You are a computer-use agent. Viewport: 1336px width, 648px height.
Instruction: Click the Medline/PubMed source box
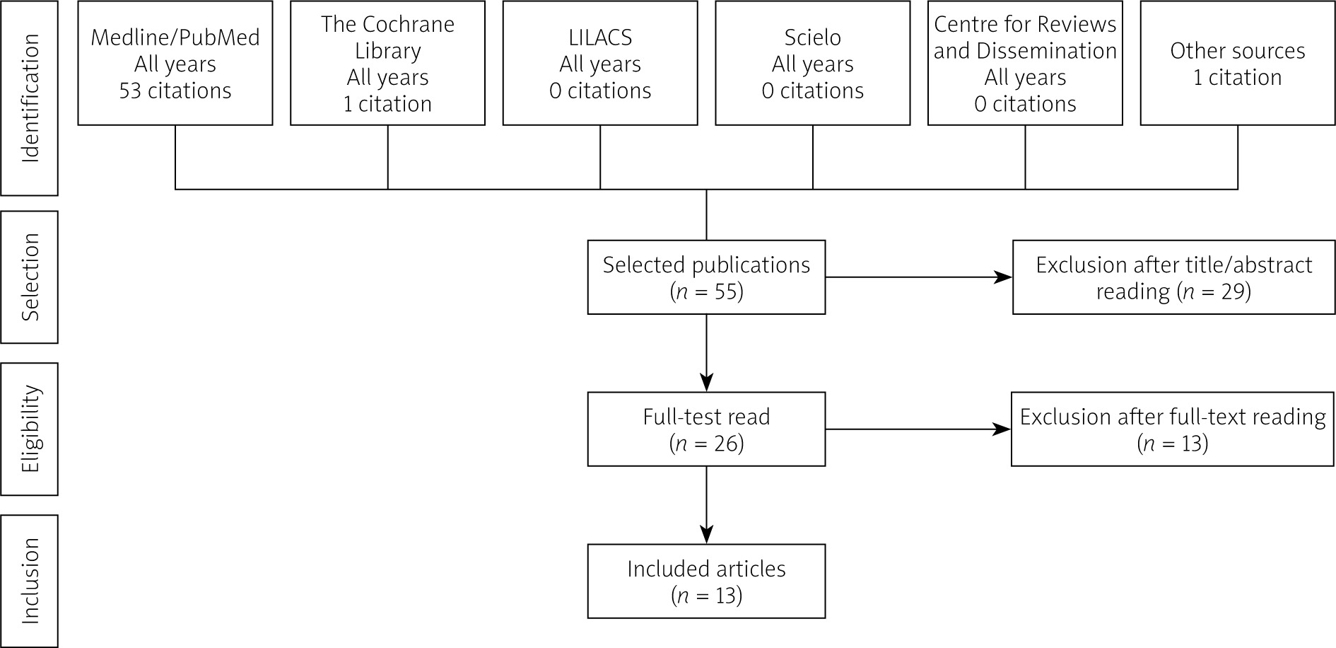pyautogui.click(x=175, y=63)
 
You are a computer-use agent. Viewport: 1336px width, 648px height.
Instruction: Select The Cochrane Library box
pyautogui.click(x=387, y=63)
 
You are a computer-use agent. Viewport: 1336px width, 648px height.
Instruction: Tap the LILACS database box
pyautogui.click(x=600, y=63)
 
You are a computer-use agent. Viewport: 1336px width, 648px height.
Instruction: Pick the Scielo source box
pyautogui.click(x=813, y=63)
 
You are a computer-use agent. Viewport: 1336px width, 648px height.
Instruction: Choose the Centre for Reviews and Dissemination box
pyautogui.click(x=1025, y=63)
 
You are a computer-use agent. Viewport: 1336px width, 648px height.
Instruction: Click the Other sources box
pyautogui.click(x=1238, y=63)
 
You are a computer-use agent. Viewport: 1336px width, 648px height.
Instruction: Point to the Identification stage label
pyautogui.click(x=30, y=98)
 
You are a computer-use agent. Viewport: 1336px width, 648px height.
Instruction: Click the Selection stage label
pyautogui.click(x=30, y=277)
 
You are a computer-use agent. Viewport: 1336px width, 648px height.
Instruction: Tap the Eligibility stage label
pyautogui.click(x=30, y=429)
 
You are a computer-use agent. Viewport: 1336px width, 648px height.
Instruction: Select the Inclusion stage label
pyautogui.click(x=30, y=581)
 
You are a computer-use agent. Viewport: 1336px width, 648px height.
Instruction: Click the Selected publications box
pyautogui.click(x=706, y=277)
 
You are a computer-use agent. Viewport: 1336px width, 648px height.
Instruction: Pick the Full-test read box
pyautogui.click(x=706, y=429)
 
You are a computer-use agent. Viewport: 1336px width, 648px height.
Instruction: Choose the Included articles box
pyautogui.click(x=706, y=582)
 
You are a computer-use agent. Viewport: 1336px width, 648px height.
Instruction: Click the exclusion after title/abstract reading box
pyautogui.click(x=1174, y=277)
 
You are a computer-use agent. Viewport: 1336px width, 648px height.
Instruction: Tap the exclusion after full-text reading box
pyautogui.click(x=1173, y=429)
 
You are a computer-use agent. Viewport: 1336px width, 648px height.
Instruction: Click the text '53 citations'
pyautogui.click(x=175, y=91)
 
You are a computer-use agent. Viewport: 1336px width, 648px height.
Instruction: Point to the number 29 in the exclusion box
pyautogui.click(x=1232, y=291)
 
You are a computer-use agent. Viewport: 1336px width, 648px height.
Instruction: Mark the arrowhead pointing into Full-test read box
pyautogui.click(x=706, y=383)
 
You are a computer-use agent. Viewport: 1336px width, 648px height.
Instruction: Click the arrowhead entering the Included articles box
pyautogui.click(x=706, y=535)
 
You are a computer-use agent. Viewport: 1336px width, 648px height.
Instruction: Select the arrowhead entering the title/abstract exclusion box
pyautogui.click(x=1003, y=277)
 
